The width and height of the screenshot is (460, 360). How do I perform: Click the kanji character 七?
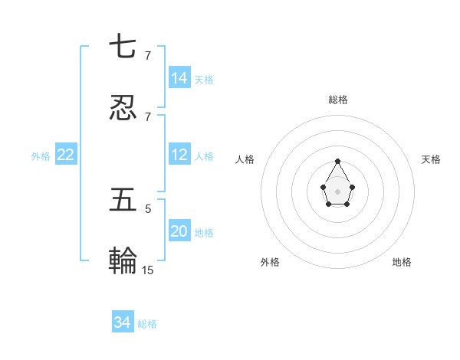(x=123, y=47)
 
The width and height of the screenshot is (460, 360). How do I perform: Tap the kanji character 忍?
(x=123, y=108)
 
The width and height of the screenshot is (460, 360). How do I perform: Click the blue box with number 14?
(x=179, y=77)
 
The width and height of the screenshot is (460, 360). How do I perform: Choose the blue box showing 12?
(x=179, y=155)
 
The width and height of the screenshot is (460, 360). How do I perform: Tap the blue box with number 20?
(x=179, y=231)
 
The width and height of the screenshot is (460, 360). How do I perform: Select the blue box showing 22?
(x=66, y=155)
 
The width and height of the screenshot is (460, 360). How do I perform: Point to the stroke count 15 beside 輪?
(x=148, y=270)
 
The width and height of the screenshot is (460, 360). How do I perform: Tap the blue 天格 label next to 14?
(x=204, y=79)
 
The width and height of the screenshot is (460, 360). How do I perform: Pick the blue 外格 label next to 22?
(x=41, y=156)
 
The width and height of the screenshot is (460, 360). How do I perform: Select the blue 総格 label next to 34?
(x=147, y=324)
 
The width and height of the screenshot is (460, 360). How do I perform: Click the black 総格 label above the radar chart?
(x=338, y=100)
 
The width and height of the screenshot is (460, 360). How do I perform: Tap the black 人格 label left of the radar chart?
(x=245, y=159)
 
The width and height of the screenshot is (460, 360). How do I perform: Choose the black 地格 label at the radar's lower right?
(x=402, y=262)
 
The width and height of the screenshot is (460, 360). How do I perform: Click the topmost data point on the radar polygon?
(x=338, y=161)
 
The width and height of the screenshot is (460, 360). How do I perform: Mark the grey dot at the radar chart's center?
(x=338, y=191)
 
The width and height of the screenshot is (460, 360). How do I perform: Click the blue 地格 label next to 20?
(x=204, y=232)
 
